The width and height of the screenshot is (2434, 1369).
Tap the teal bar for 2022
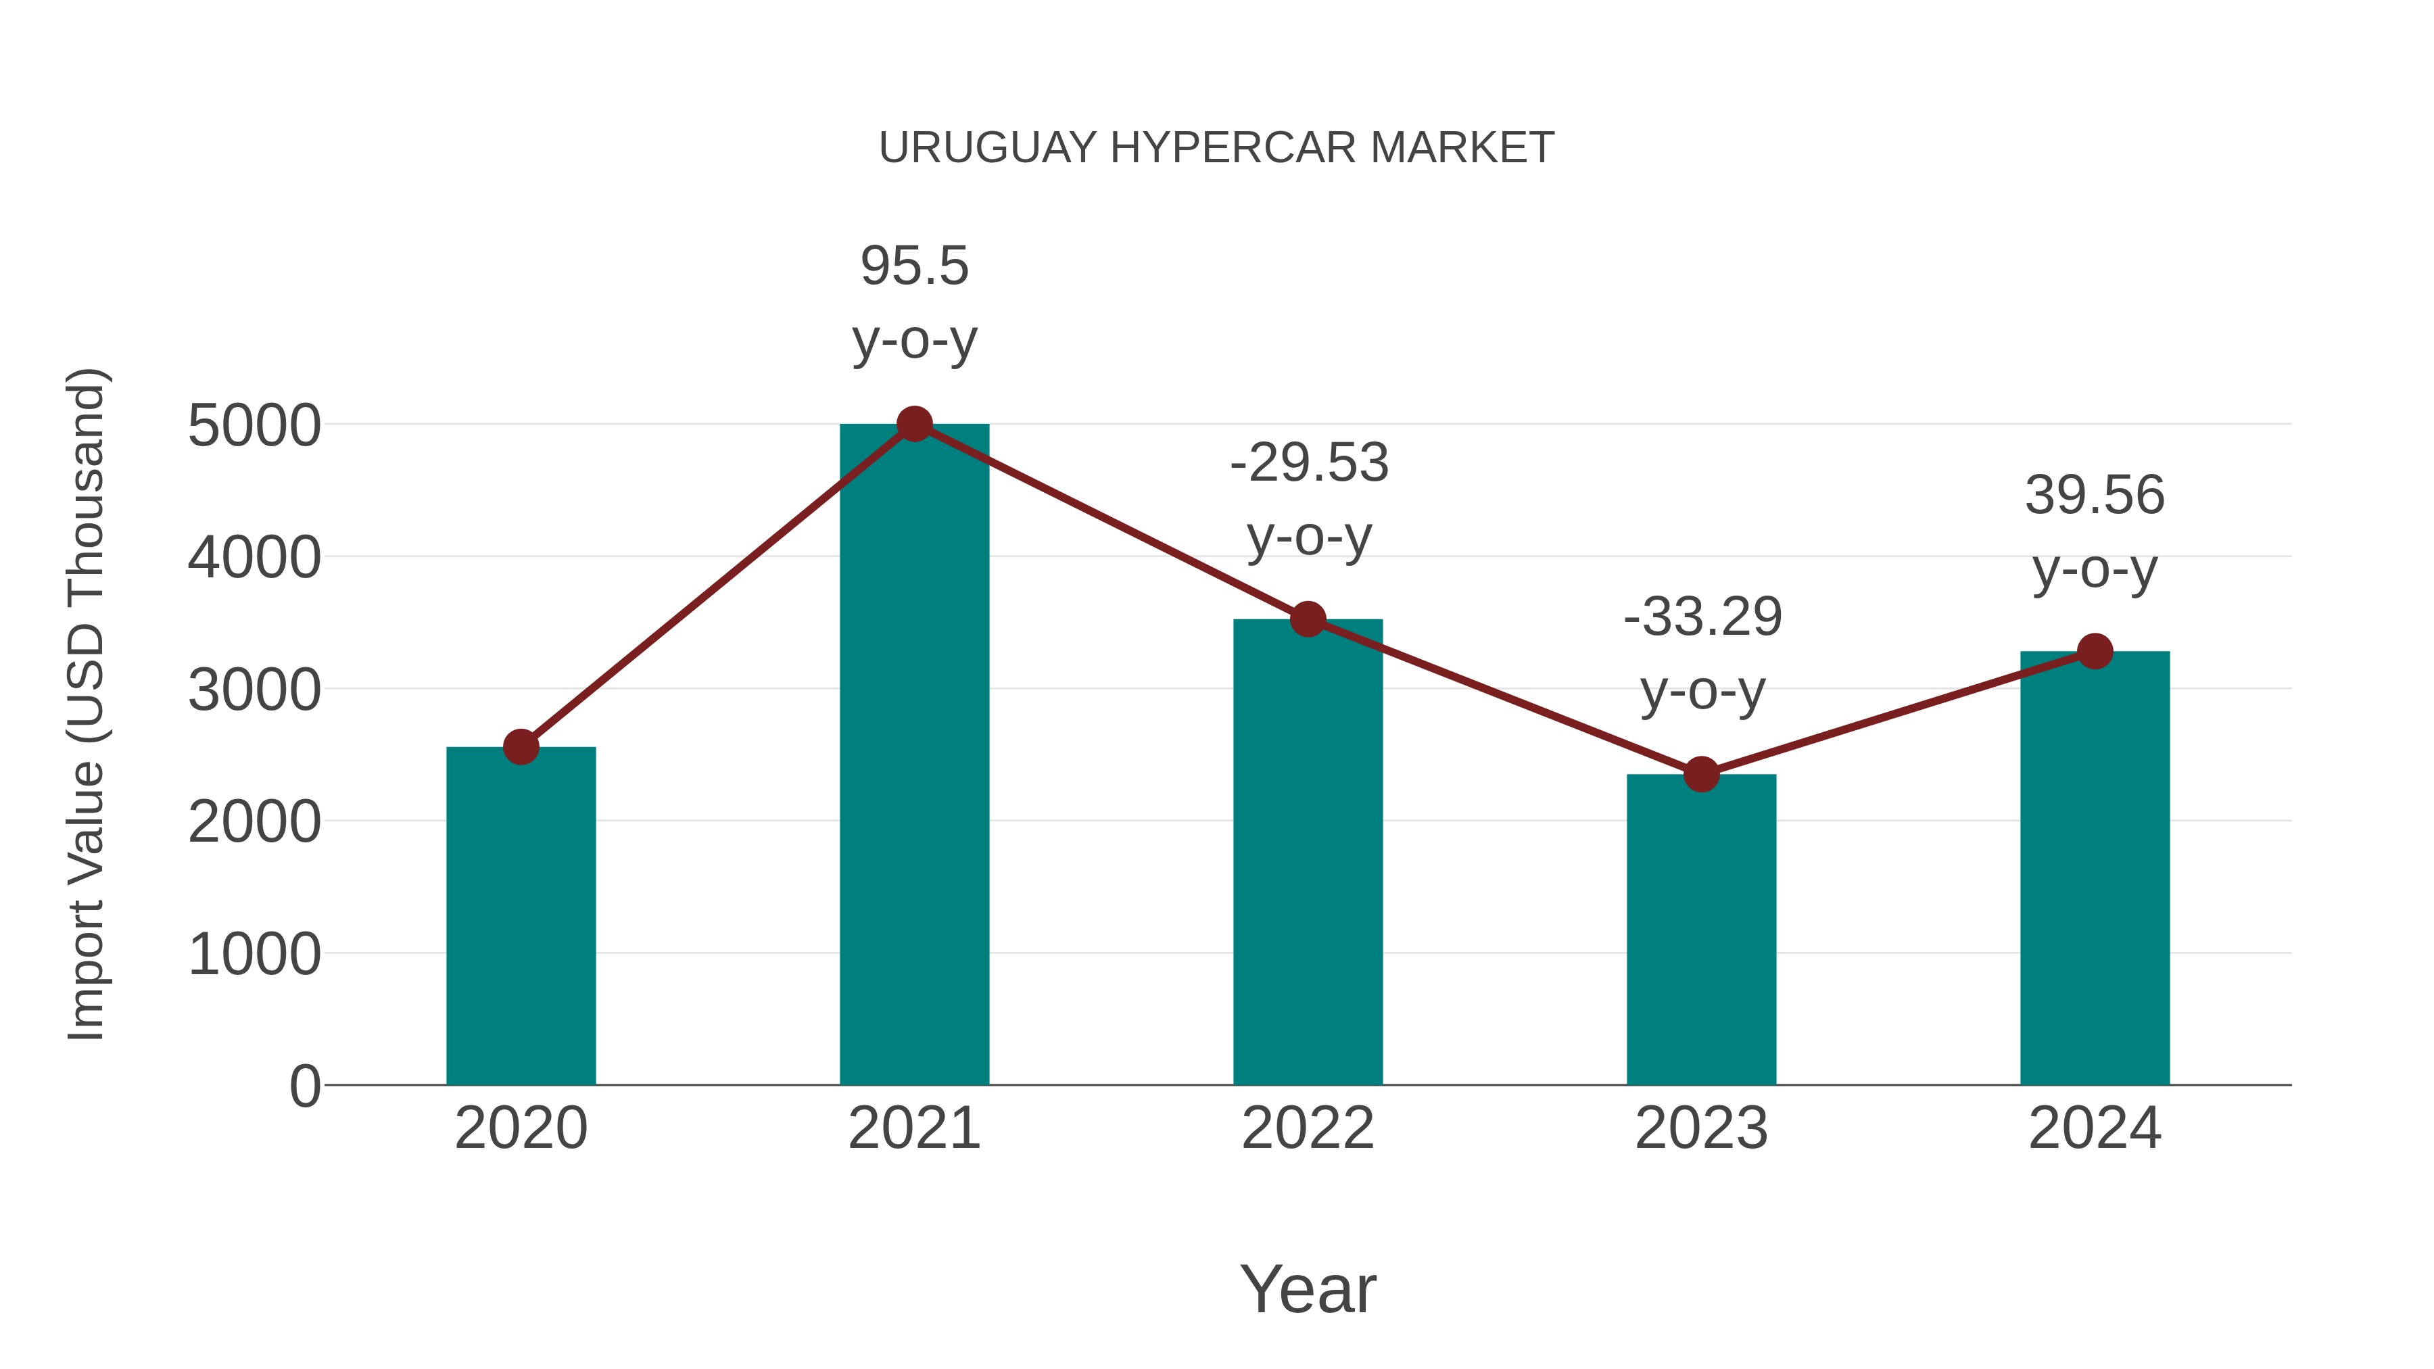pos(1308,851)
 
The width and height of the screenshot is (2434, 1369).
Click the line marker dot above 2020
pos(521,747)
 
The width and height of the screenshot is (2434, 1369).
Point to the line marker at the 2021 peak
pos(913,424)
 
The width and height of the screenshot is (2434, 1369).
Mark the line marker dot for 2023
pos(1701,775)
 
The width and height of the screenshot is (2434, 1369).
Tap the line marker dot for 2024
pos(2095,651)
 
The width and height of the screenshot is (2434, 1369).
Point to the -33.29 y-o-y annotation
pos(1702,654)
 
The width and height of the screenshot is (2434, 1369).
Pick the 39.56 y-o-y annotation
pos(2095,532)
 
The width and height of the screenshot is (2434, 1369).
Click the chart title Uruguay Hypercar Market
pos(1216,148)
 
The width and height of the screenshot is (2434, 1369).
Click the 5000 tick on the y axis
pos(254,426)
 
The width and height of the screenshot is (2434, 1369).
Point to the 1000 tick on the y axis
pos(254,954)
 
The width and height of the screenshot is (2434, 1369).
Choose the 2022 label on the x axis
pos(1308,1128)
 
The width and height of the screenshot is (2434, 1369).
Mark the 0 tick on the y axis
pos(304,1086)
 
